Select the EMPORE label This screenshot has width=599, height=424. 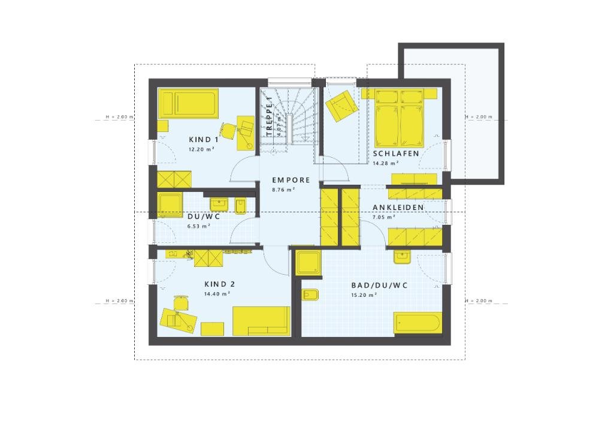click(x=291, y=180)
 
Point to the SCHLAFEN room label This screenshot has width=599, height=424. click(x=395, y=154)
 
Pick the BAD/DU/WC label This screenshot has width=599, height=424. click(x=379, y=285)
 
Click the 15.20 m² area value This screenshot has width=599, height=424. click(x=364, y=295)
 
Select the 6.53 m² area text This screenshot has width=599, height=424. click(x=198, y=226)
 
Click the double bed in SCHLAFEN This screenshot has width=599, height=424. click(x=400, y=118)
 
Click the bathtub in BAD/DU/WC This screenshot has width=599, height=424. click(x=418, y=323)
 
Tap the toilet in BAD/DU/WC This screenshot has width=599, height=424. click(x=311, y=296)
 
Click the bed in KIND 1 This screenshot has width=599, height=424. click(x=188, y=103)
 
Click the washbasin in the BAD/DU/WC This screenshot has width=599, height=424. click(x=401, y=257)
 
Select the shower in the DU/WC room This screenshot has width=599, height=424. click(x=170, y=205)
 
